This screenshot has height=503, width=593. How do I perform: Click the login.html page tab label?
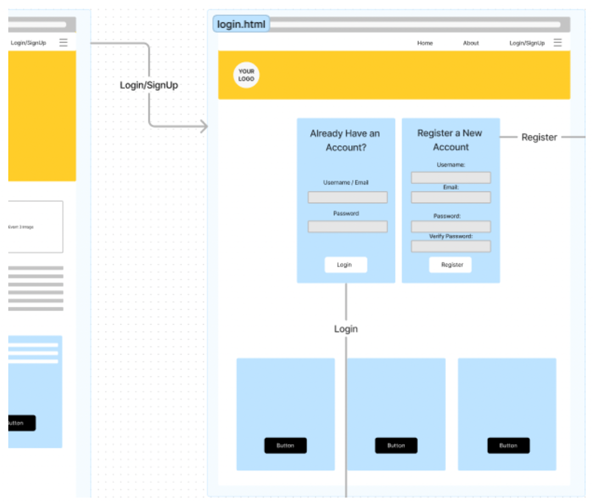click(241, 24)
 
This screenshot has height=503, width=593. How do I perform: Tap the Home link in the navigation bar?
click(425, 43)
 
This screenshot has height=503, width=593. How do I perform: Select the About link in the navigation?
click(471, 43)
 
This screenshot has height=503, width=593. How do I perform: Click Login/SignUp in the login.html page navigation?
click(527, 43)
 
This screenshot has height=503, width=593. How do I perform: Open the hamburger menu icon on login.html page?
click(557, 43)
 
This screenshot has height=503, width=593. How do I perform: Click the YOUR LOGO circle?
click(246, 75)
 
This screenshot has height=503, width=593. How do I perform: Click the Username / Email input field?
click(347, 197)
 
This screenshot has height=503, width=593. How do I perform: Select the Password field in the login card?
click(347, 227)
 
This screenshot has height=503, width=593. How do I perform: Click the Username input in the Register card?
click(451, 178)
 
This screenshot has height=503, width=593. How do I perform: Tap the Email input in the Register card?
click(451, 197)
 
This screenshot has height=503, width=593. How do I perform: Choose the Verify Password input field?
click(451, 246)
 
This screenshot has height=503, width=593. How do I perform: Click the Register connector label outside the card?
click(539, 137)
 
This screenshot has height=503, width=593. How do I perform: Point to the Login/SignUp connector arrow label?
click(148, 85)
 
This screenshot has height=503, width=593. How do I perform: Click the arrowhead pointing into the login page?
click(204, 126)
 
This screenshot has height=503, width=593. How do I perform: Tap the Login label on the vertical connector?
click(346, 329)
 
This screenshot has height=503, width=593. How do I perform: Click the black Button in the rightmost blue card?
click(508, 446)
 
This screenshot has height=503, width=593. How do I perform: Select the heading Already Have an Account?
click(345, 140)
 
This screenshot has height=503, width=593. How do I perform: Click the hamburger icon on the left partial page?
click(63, 43)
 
